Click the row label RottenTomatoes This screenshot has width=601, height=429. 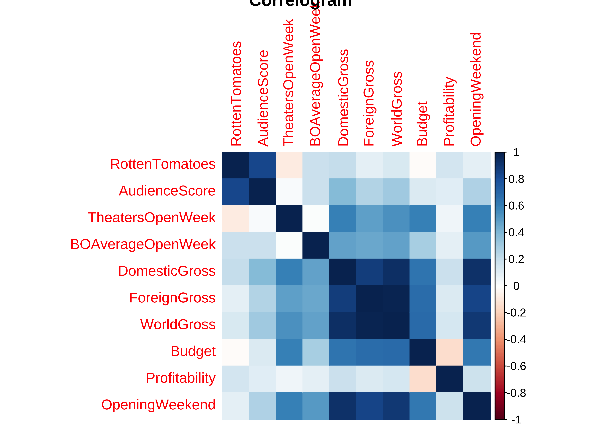[163, 164]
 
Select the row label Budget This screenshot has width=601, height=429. [193, 351]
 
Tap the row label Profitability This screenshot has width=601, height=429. [181, 378]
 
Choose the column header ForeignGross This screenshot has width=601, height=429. [369, 103]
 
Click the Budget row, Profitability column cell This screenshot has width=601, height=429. [449, 352]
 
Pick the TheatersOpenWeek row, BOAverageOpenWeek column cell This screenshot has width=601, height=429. [316, 219]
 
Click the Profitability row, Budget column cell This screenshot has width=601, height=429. [423, 379]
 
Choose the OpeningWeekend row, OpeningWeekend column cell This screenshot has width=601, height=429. [477, 406]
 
